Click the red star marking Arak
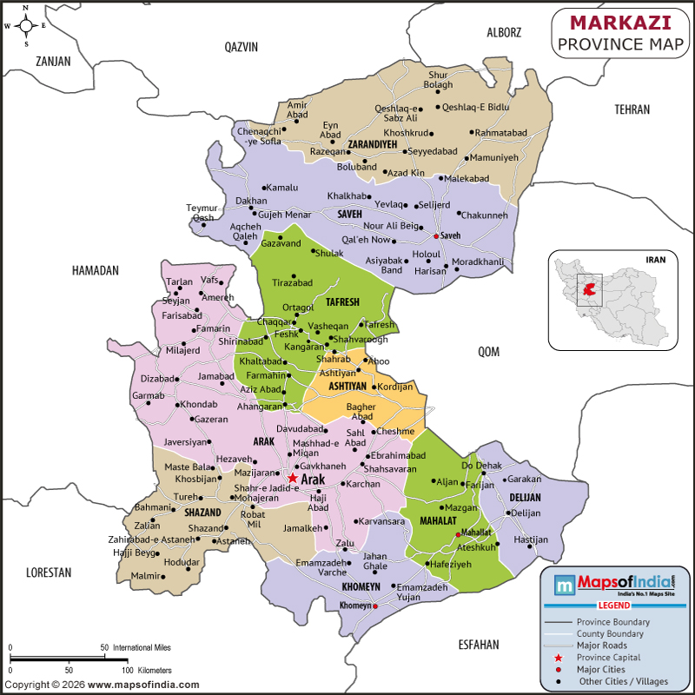(293, 479)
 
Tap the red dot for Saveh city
(435, 235)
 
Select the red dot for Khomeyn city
(374, 606)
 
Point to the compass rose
(25, 25)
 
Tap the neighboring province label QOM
(489, 351)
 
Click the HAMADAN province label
(95, 271)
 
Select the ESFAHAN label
(479, 644)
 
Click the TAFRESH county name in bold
(342, 301)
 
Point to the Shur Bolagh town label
(438, 80)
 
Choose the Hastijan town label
(531, 539)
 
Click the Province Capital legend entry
(612, 658)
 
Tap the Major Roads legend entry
(602, 645)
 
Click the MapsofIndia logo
(614, 583)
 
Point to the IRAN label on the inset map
(655, 259)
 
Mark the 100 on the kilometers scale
(127, 670)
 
